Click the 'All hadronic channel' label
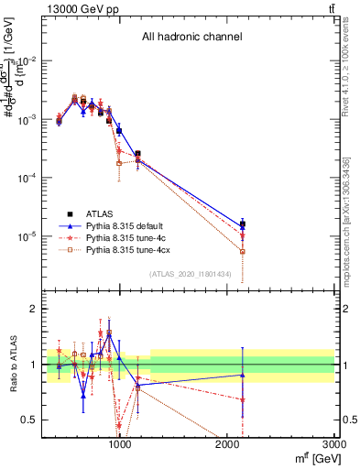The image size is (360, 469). (x=191, y=38)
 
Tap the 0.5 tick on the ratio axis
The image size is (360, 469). (x=30, y=420)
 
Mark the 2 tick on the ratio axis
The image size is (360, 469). (x=34, y=309)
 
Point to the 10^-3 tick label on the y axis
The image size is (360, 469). (x=27, y=119)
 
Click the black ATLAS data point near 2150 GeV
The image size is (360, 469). (x=243, y=224)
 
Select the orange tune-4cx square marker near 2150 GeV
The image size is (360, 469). (x=243, y=251)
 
